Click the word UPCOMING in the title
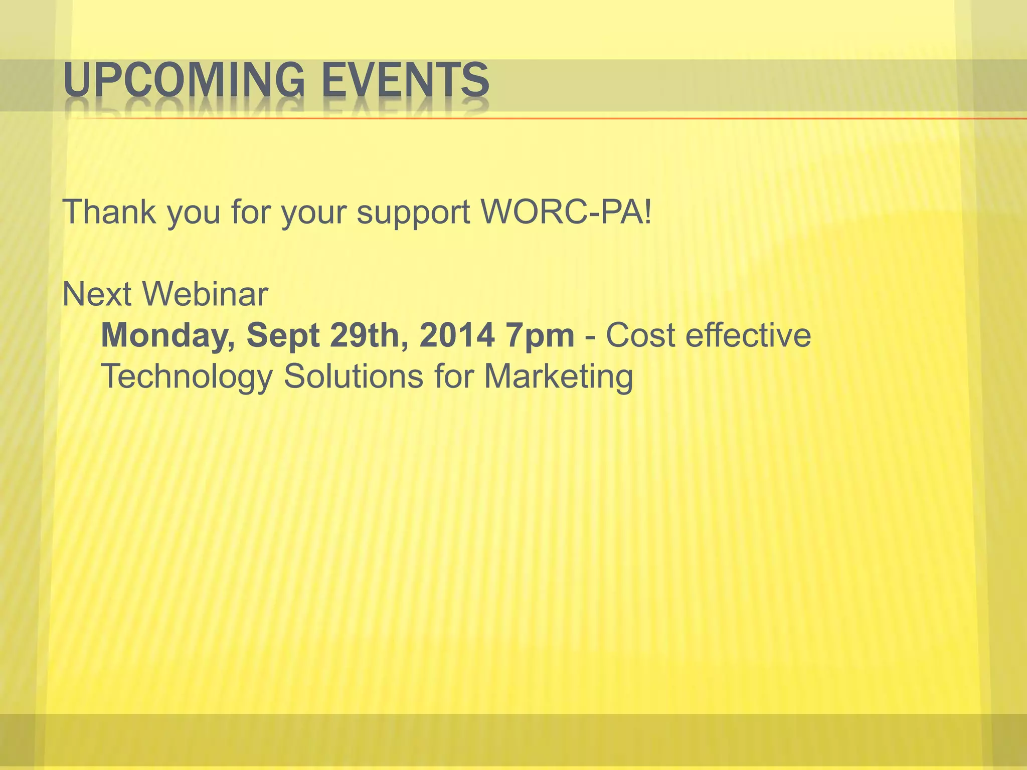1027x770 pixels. [x=184, y=80]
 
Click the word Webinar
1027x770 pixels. [x=206, y=294]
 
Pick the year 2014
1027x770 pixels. [x=456, y=335]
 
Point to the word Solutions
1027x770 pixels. [x=354, y=376]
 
